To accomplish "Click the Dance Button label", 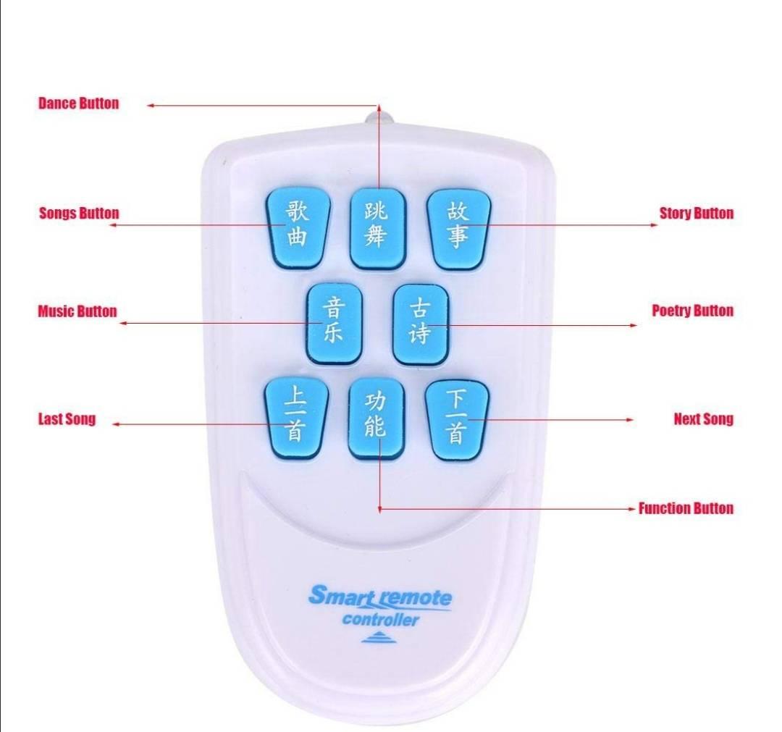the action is click(x=79, y=104).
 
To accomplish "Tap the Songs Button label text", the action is click(x=80, y=213).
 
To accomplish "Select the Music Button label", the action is click(x=77, y=311).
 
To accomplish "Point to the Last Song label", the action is click(x=67, y=418).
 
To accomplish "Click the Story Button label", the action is click(x=697, y=213).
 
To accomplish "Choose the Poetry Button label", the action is click(x=693, y=311).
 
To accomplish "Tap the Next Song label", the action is click(x=704, y=419).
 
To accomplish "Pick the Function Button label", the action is click(x=686, y=508).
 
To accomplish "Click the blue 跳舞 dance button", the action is click(x=377, y=229).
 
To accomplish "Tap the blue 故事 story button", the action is click(x=459, y=229).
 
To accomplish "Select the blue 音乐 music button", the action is click(x=334, y=324).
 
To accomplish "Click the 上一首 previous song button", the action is click(x=296, y=418).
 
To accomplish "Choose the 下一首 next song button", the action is click(x=458, y=419).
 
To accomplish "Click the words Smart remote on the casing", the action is click(x=380, y=597).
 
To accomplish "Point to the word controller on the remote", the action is click(x=380, y=620).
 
